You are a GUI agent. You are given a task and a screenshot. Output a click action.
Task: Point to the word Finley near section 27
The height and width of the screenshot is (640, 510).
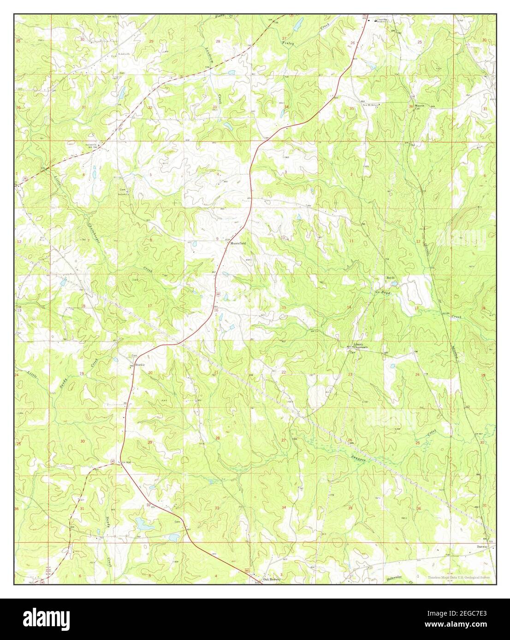tap(288, 43)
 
